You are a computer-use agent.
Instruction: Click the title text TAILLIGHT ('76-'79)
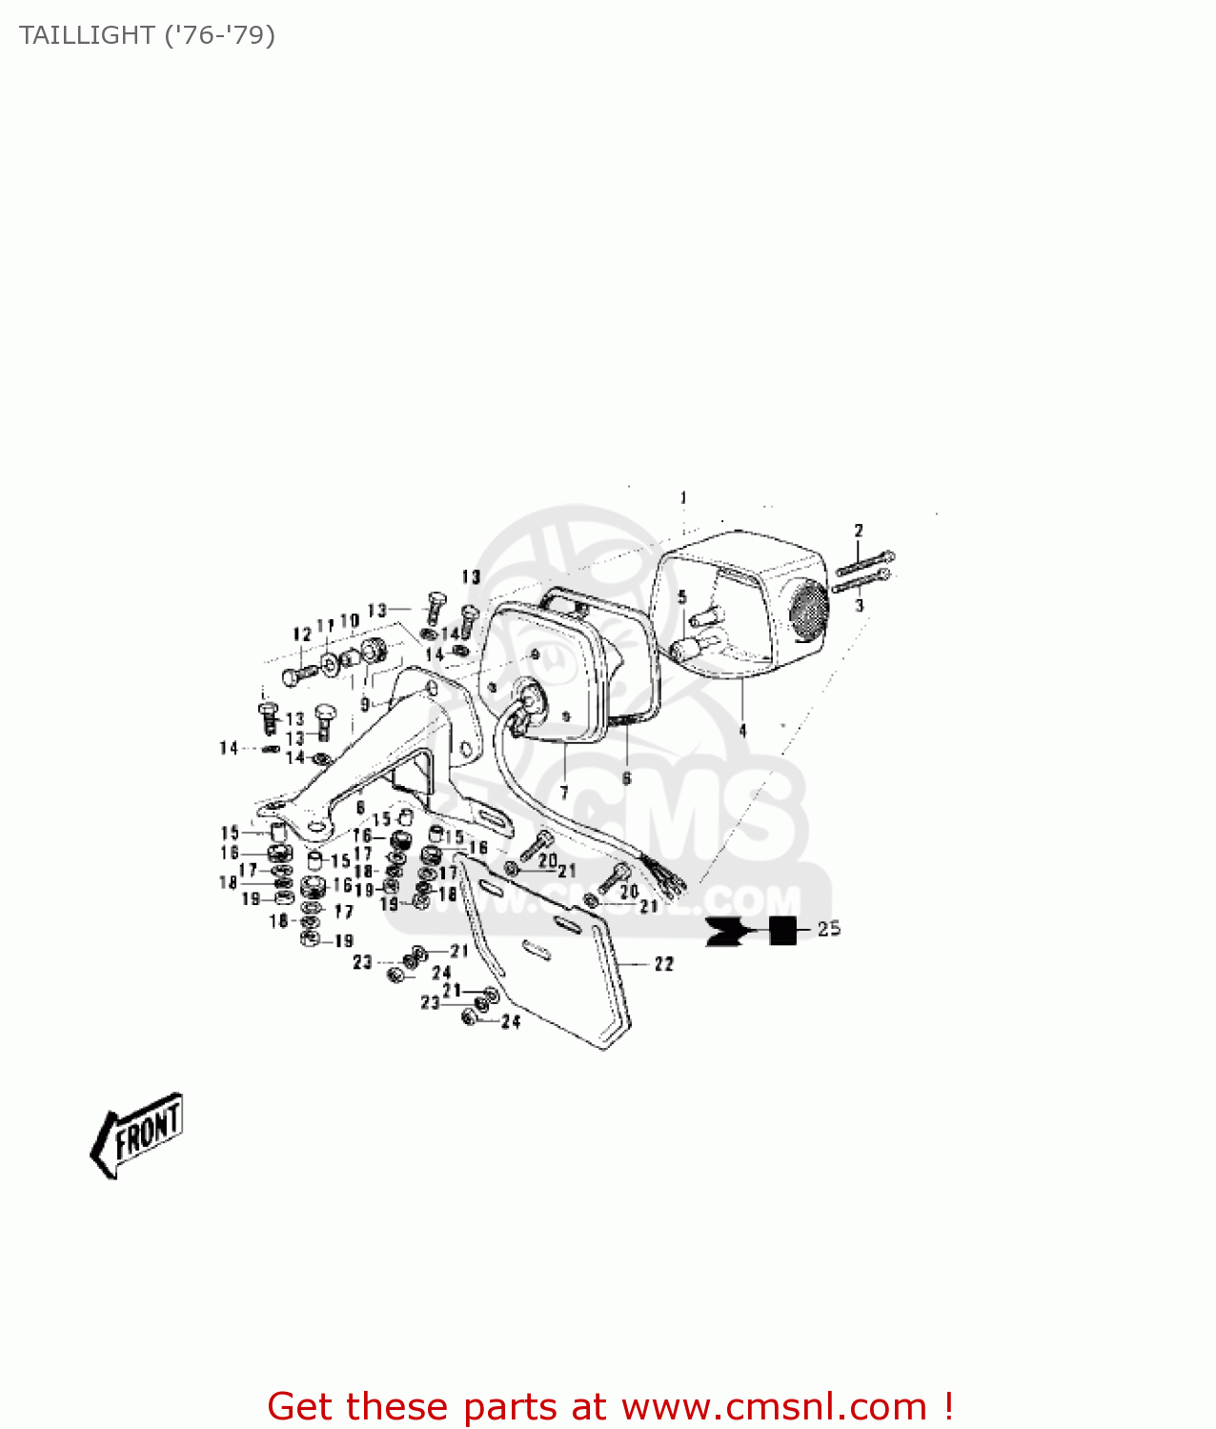147,35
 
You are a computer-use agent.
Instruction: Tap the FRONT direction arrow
137,1134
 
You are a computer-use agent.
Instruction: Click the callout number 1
683,498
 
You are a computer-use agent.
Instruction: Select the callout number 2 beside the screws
859,531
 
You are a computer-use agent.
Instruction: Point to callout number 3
860,605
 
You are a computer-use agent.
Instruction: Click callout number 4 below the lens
742,731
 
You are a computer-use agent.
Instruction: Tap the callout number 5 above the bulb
681,597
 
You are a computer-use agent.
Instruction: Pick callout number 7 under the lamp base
564,792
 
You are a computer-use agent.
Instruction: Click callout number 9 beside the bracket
365,705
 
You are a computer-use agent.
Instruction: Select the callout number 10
350,621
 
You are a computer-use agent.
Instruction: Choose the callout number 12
302,634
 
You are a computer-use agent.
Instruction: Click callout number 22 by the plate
664,964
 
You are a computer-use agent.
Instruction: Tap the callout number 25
829,929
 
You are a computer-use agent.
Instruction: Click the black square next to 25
783,930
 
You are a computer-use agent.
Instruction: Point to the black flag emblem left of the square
726,931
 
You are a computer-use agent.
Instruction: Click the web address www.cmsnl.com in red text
774,1407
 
